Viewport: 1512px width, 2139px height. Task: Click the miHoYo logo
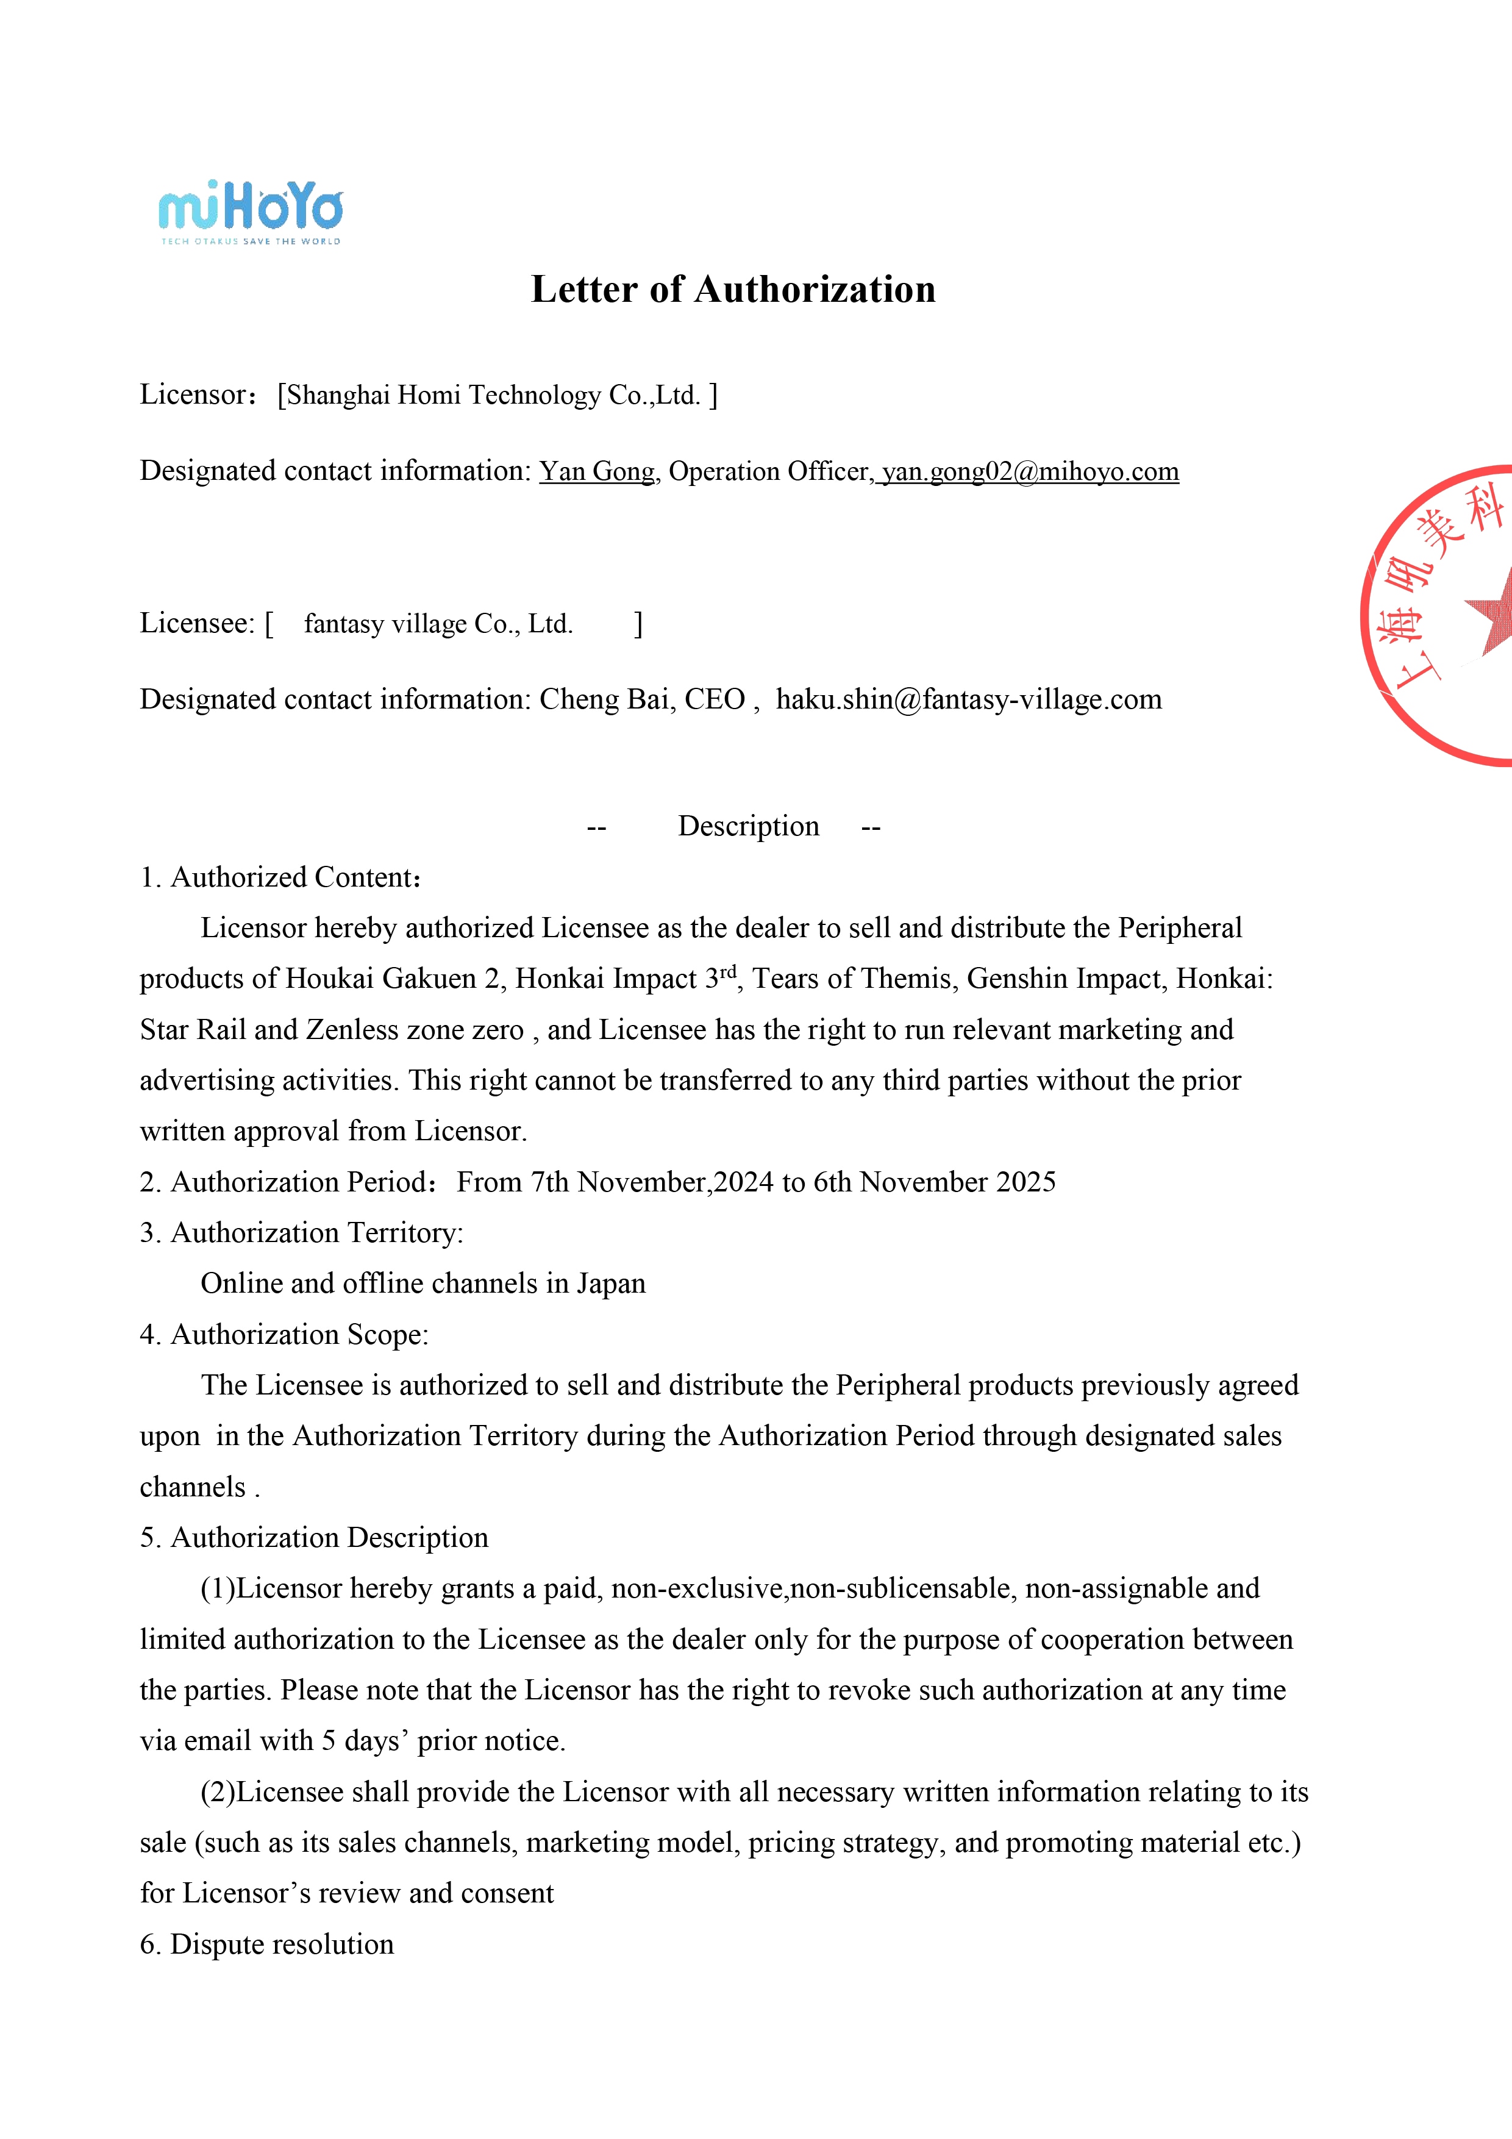tap(251, 206)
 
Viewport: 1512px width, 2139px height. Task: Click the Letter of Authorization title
tap(733, 290)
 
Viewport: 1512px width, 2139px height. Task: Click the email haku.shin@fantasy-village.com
tap(969, 699)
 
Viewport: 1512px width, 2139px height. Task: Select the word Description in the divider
tap(748, 826)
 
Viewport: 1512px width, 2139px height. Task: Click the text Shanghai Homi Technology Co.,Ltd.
tap(493, 395)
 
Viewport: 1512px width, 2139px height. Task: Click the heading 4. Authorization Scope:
tap(284, 1335)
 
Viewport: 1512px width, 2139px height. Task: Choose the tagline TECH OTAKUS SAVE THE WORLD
tap(251, 241)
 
